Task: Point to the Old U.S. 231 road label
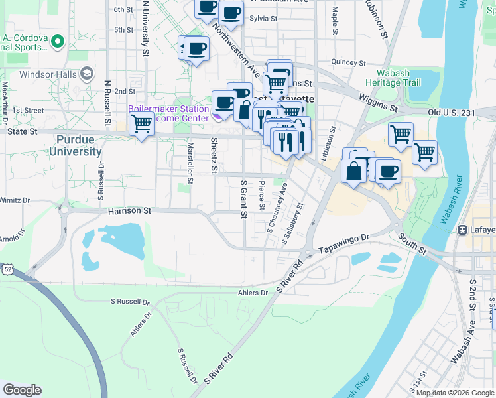[x=452, y=113]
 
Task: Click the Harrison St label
[x=130, y=210]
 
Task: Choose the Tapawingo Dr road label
[x=343, y=249]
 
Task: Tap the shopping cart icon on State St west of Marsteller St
[x=141, y=123]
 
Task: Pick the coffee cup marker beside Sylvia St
[x=231, y=13]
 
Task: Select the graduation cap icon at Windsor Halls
[x=86, y=74]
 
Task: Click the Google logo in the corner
[x=22, y=390]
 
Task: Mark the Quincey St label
[x=344, y=62]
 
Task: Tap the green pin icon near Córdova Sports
[x=57, y=42]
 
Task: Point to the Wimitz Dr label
[x=15, y=199]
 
